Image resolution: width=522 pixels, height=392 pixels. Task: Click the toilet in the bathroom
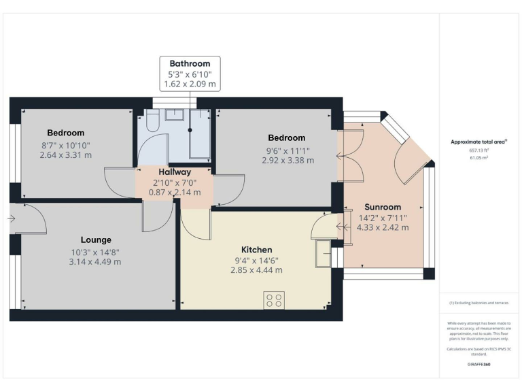pos(152,120)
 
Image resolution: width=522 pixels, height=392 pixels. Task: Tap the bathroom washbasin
pos(175,114)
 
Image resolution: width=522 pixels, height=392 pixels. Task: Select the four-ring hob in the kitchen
pos(275,299)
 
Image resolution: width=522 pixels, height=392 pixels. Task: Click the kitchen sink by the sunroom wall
pos(322,254)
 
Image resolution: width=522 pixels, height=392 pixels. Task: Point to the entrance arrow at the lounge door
pos(12,219)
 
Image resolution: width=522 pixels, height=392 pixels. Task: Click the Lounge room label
pos(96,240)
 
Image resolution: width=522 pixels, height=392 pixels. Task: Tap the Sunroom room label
pos(383,207)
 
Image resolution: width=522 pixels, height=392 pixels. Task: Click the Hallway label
pos(175,172)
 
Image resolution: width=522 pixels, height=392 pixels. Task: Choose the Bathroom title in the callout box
pos(190,63)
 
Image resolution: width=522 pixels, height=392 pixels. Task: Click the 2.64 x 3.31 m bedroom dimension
pos(66,155)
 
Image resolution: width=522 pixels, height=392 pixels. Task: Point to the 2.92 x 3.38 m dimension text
pos(288,161)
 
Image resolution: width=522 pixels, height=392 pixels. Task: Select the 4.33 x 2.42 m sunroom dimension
pos(383,227)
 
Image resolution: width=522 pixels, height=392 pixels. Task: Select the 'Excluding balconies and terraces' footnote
pos(478,303)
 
